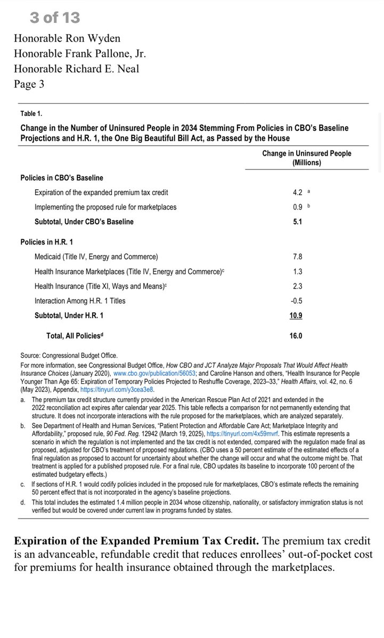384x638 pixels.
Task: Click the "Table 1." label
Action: tap(31, 113)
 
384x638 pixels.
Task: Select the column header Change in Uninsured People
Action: tap(306, 158)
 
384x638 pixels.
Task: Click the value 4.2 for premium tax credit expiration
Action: tap(297, 192)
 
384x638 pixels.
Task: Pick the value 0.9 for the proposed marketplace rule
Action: tap(297, 207)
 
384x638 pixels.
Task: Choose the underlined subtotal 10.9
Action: tap(296, 315)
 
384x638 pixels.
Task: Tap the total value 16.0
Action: tap(296, 336)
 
